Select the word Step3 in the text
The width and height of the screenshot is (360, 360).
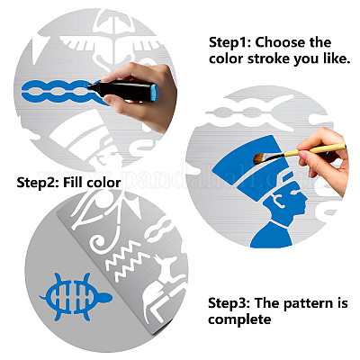tap(229, 303)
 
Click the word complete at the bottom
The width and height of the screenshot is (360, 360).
tap(239, 319)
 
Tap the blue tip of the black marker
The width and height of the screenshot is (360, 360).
tap(92, 86)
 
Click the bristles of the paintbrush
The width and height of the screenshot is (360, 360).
tap(260, 157)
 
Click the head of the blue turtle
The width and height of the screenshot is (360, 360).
tap(105, 298)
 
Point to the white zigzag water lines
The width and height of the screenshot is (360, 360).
tap(128, 260)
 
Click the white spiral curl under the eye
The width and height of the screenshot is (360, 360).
tap(100, 242)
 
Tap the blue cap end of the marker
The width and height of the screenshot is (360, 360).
tap(154, 93)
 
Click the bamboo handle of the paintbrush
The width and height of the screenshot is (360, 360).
tap(315, 150)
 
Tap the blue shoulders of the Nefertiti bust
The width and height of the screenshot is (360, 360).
tap(273, 235)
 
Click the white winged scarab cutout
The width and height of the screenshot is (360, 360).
tap(112, 42)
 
